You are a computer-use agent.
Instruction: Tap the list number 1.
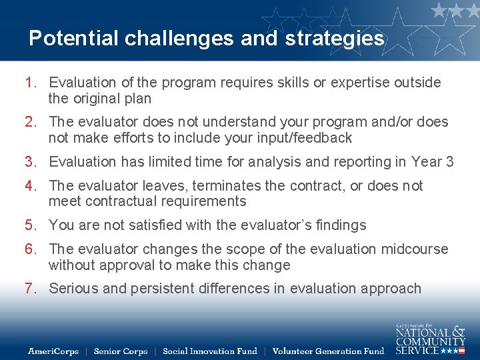pos(30,83)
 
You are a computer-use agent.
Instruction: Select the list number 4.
pos(30,185)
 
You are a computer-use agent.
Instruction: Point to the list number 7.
pos(30,289)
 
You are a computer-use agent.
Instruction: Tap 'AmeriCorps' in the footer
pos(53,351)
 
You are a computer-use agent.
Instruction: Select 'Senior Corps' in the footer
pos(121,351)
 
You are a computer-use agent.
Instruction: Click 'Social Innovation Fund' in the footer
pos(210,351)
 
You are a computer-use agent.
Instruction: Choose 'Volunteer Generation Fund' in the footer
pos(329,351)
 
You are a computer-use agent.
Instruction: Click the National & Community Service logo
pos(430,337)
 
